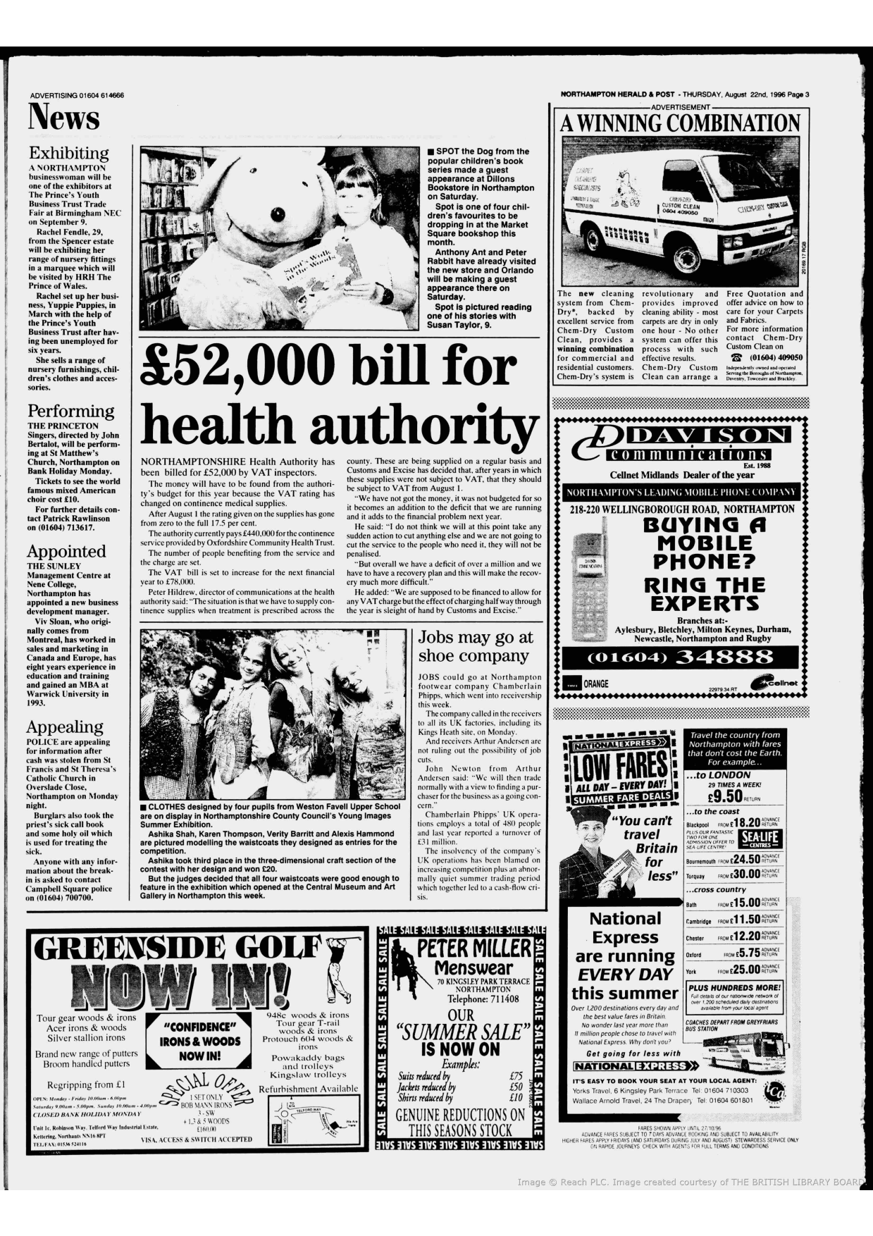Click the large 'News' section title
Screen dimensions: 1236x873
pyautogui.click(x=64, y=117)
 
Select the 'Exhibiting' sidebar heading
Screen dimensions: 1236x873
pyautogui.click(x=68, y=153)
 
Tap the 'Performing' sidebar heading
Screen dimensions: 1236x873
pyautogui.click(x=70, y=411)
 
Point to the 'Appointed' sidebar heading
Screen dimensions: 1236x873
pyautogui.click(x=66, y=551)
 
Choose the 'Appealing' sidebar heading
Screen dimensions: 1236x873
pyautogui.click(x=65, y=727)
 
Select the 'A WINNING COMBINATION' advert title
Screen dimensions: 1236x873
pyautogui.click(x=680, y=123)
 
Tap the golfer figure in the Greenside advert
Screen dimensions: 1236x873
pyautogui.click(x=341, y=965)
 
